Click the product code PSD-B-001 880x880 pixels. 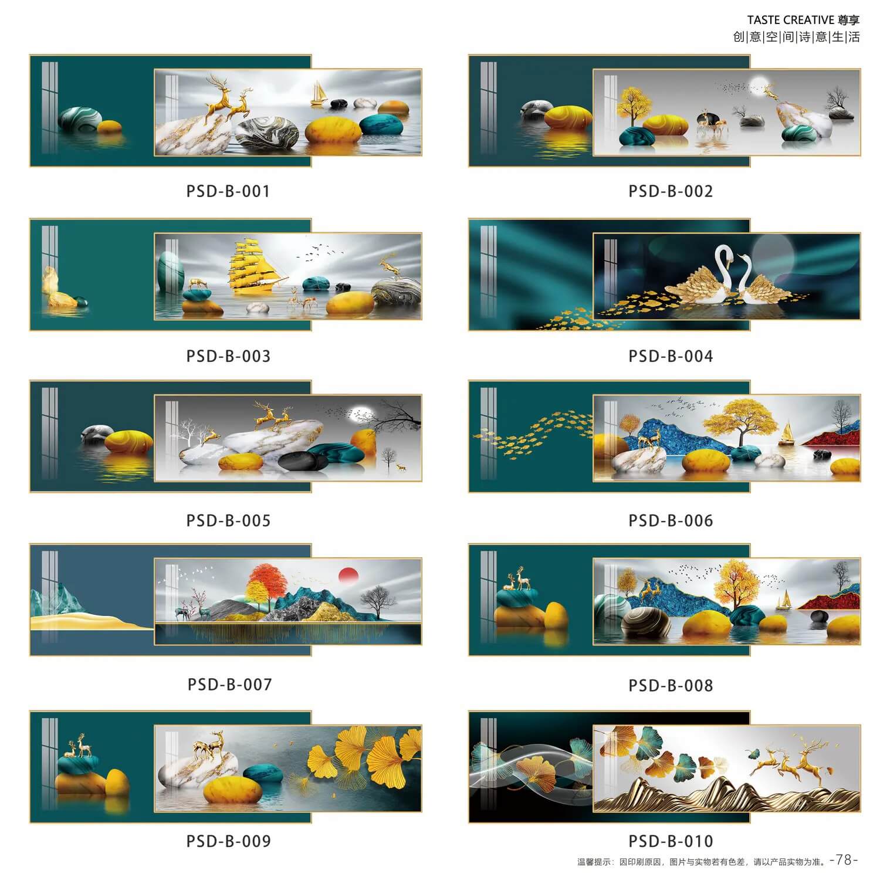(228, 191)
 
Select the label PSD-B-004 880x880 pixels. (671, 356)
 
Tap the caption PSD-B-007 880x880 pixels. (229, 685)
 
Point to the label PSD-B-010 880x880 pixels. (671, 841)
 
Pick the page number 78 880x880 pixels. (844, 860)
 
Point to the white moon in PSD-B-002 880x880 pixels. (761, 85)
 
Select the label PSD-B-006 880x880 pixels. (671, 521)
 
